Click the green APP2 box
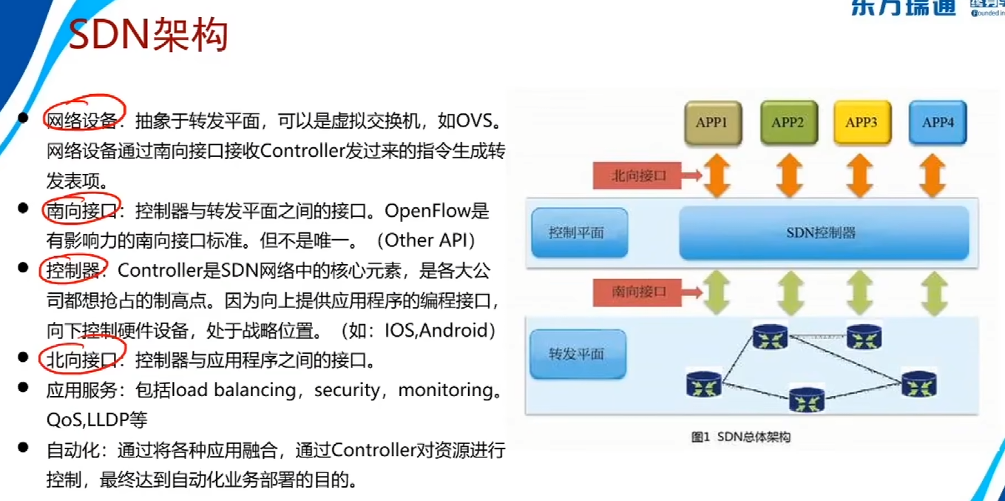(x=788, y=123)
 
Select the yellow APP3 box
(x=861, y=123)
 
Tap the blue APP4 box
(x=938, y=123)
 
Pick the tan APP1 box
(x=712, y=123)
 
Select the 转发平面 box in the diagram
(x=578, y=354)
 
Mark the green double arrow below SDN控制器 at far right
(x=935, y=292)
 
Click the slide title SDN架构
(x=148, y=35)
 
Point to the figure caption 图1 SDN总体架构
(x=740, y=437)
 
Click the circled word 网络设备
(x=81, y=121)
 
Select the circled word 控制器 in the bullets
(x=72, y=271)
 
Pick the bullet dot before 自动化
(x=24, y=448)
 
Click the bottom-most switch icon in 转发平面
(x=806, y=400)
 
